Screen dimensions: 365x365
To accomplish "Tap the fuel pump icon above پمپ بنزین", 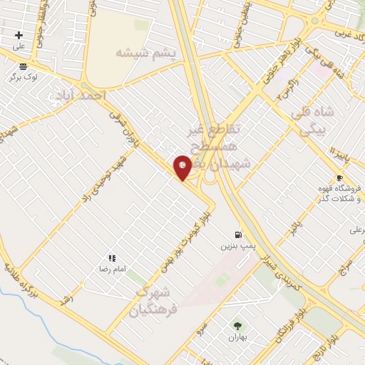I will pyautogui.click(x=238, y=235).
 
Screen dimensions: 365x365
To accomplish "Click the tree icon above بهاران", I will pyautogui.click(x=237, y=325).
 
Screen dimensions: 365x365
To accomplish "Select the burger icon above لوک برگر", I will pyautogui.click(x=24, y=66).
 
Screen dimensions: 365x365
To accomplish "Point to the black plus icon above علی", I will pyautogui.click(x=19, y=35).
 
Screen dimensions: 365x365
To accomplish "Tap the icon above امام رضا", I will pyautogui.click(x=112, y=258).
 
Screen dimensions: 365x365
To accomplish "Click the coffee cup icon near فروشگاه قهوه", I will pyautogui.click(x=339, y=178).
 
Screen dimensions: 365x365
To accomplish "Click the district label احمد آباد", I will pyautogui.click(x=81, y=95).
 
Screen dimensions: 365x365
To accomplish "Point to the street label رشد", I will pyautogui.click(x=68, y=300).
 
